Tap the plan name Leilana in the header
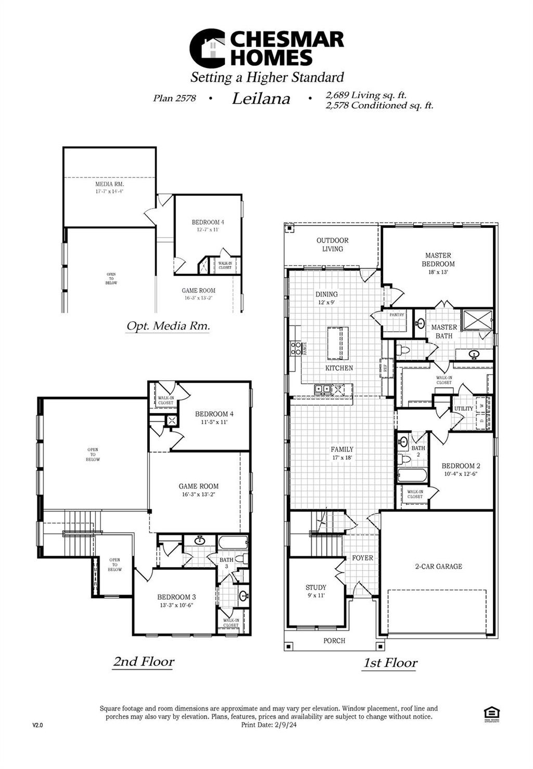261,99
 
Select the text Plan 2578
174,98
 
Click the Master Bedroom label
438,260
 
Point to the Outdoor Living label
333,245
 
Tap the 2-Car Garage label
438,566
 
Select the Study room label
316,587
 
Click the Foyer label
362,558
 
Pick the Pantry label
397,315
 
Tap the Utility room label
463,408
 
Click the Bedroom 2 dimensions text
460,474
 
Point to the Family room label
342,449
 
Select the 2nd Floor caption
144,662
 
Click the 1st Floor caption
390,663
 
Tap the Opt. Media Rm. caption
168,326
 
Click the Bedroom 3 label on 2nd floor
176,597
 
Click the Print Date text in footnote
269,724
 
